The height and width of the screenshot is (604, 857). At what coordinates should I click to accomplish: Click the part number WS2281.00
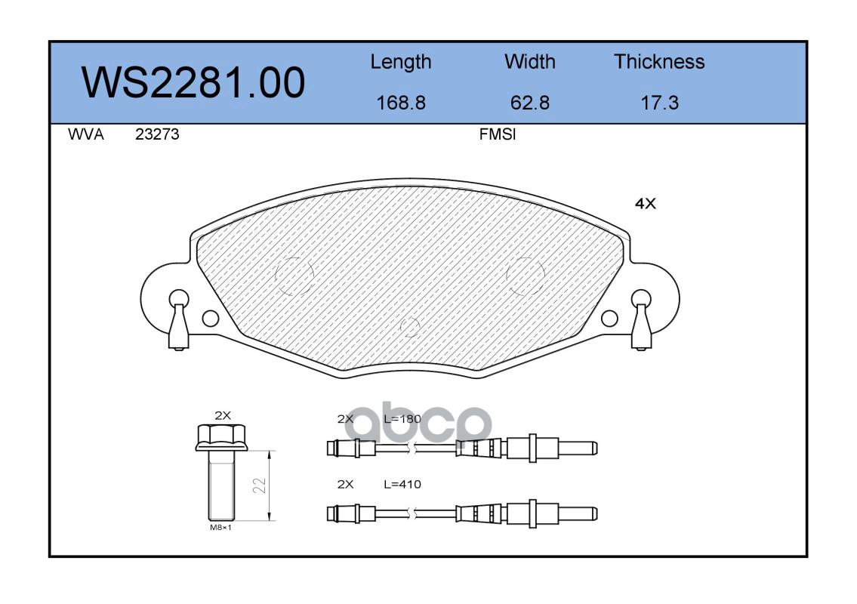(193, 82)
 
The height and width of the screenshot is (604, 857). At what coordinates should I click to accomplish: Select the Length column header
(401, 63)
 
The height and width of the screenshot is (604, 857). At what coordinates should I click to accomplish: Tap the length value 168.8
(401, 103)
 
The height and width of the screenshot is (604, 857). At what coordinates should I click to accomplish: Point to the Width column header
(529, 61)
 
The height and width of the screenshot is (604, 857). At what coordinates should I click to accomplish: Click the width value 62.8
(529, 103)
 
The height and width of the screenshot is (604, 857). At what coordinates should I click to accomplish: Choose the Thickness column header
(659, 61)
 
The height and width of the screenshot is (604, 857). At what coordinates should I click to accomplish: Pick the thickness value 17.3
(659, 103)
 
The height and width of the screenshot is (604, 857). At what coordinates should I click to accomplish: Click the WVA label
(86, 134)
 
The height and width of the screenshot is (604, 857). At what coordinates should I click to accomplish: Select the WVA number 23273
(157, 134)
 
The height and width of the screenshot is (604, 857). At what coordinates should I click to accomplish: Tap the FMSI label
(498, 134)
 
